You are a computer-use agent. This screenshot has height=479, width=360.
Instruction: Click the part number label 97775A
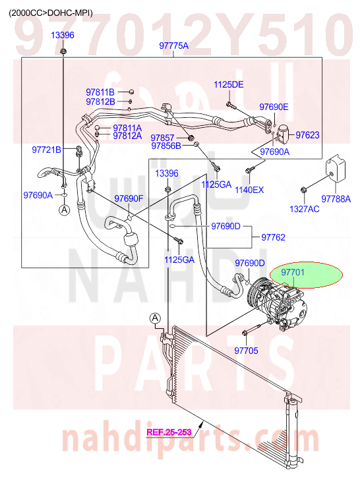173,46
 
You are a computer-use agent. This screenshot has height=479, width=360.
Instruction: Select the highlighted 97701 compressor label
293,272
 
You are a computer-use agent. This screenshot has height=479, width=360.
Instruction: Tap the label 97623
307,134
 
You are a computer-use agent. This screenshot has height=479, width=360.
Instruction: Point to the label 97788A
336,199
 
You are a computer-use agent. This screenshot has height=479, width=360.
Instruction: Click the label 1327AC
305,209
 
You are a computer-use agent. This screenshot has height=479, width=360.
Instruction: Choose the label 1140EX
249,190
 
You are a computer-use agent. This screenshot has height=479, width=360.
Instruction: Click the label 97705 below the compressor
246,351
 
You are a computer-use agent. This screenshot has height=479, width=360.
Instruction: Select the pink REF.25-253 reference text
169,432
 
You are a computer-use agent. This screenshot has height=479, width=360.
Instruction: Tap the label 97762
273,237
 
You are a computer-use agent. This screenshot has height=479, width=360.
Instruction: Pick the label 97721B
46,150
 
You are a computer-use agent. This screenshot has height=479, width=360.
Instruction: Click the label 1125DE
229,84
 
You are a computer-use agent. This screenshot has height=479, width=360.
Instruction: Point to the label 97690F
129,198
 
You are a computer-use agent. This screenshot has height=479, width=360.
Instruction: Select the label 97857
162,138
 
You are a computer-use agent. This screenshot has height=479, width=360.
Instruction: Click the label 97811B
100,92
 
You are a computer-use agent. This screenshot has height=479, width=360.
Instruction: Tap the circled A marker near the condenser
155,318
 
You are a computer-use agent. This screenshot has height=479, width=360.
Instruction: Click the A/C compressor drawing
276,303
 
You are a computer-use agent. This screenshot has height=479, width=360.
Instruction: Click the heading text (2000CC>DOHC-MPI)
51,13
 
